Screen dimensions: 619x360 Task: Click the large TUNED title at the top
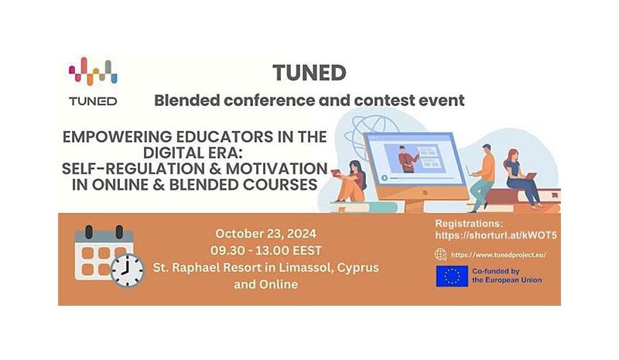pyautogui.click(x=309, y=73)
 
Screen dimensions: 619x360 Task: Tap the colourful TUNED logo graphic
pyautogui.click(x=93, y=71)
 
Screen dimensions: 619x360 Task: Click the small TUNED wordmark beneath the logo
pyautogui.click(x=93, y=101)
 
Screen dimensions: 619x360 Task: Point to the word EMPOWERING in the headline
pyautogui.click(x=117, y=137)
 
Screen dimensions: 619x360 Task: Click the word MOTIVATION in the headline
pyautogui.click(x=276, y=169)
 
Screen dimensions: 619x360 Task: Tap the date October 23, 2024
pyautogui.click(x=265, y=234)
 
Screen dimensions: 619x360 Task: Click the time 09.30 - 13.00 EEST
pyautogui.click(x=265, y=251)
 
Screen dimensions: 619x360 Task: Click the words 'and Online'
pyautogui.click(x=265, y=284)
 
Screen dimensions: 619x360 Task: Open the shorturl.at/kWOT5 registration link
pyautogui.click(x=496, y=235)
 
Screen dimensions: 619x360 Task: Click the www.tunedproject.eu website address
pyautogui.click(x=498, y=255)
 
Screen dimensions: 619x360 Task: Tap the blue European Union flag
pyautogui.click(x=452, y=276)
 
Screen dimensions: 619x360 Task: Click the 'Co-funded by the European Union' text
pyautogui.click(x=507, y=276)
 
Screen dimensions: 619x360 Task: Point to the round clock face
pyautogui.click(x=127, y=271)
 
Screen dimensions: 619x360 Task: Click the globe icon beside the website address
pyautogui.click(x=440, y=254)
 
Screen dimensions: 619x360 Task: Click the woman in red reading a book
pyautogui.click(x=350, y=182)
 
